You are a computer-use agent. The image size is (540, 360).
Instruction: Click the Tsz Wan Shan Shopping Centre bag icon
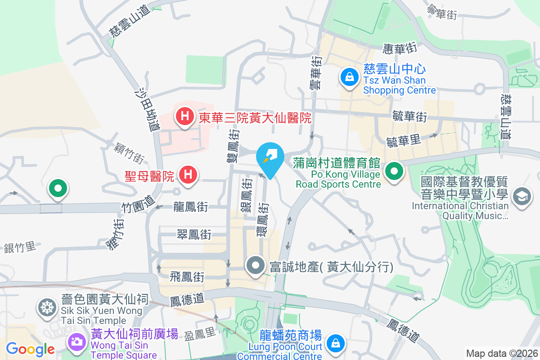tap(349, 77)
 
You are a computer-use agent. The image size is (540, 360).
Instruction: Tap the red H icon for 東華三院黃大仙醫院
tap(184, 117)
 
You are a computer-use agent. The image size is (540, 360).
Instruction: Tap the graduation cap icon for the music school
tap(522, 196)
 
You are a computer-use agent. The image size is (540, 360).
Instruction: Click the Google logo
tap(30, 349)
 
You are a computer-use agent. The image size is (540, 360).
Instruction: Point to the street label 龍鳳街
tap(191, 207)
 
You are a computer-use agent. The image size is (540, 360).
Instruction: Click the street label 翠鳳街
tap(194, 234)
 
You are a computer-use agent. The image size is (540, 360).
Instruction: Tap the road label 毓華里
tap(404, 141)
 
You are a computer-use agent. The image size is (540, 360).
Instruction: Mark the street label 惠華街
tap(400, 47)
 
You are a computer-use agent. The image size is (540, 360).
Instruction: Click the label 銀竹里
tap(19, 247)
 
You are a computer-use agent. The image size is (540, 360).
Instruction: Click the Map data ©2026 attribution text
tap(502, 353)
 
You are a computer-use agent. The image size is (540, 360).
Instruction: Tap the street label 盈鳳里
tap(201, 334)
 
